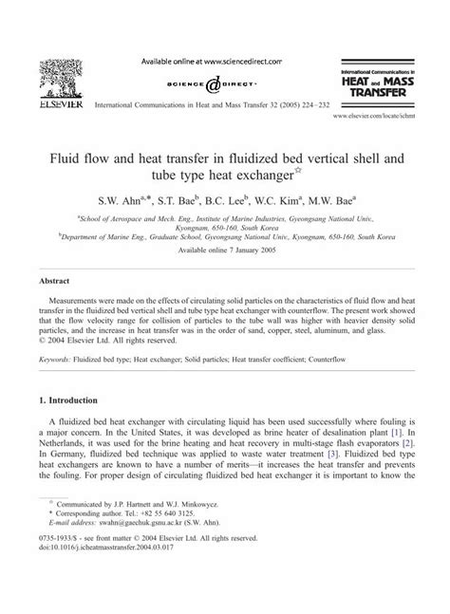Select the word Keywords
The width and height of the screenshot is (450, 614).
59,360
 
